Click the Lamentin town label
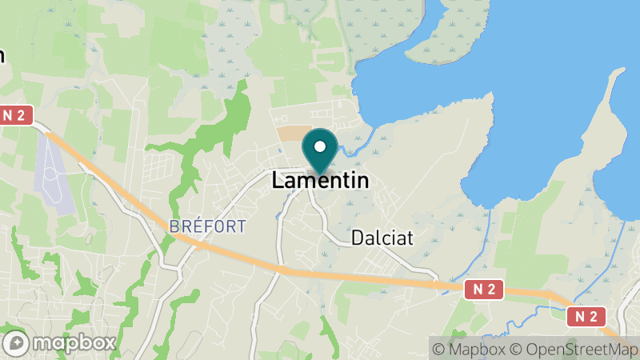point(320,181)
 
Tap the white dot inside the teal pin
point(320,147)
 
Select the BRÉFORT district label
point(208,226)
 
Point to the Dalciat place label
point(384,238)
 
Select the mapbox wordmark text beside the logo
point(74,343)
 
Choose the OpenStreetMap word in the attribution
point(579,349)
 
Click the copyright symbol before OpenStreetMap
point(517,349)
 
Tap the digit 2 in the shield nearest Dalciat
point(491,290)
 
